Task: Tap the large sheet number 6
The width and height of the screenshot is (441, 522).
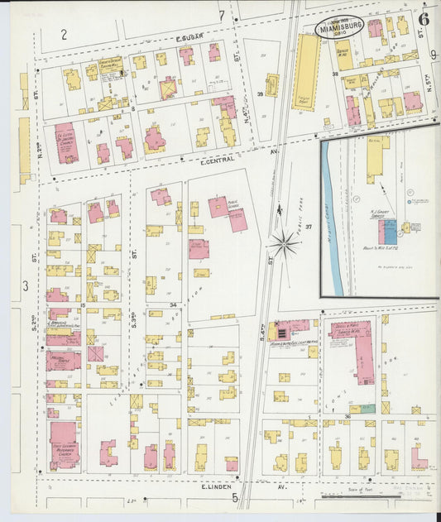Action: [423, 17]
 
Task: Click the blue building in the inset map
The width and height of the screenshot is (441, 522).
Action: [389, 231]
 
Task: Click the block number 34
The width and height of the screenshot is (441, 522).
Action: [174, 304]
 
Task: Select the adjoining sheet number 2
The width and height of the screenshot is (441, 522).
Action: [64, 34]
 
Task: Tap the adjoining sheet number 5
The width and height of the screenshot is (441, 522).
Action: [235, 497]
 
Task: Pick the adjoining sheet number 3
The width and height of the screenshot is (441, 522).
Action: [26, 285]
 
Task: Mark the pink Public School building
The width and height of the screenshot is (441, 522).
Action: [228, 212]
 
